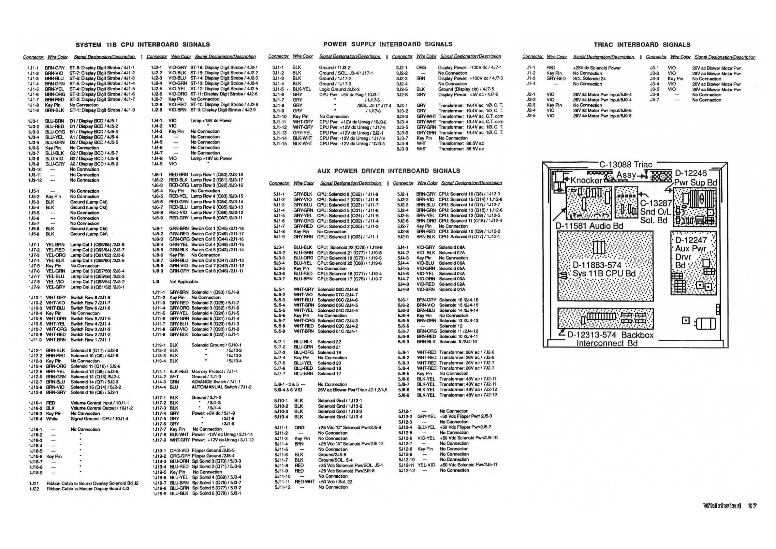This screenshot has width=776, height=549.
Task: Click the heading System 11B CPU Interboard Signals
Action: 143,45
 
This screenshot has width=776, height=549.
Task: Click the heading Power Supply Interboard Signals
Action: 388,44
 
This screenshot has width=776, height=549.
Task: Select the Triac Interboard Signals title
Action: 642,45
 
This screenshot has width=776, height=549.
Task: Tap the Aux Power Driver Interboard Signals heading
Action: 389,171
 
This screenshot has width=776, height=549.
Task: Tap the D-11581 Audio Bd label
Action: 590,226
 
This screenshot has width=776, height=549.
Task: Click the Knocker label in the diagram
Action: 586,181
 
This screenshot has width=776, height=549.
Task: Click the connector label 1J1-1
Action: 33,68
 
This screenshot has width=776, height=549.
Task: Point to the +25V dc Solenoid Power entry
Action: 597,68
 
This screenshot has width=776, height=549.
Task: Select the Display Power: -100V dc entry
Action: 470,67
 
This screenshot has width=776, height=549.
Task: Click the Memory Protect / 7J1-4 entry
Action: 215,371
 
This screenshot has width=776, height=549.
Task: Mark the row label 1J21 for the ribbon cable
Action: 34,483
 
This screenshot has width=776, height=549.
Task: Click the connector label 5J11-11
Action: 282,482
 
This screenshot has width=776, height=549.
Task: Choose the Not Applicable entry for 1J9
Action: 183,282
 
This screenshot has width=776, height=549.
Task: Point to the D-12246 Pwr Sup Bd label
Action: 695,178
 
